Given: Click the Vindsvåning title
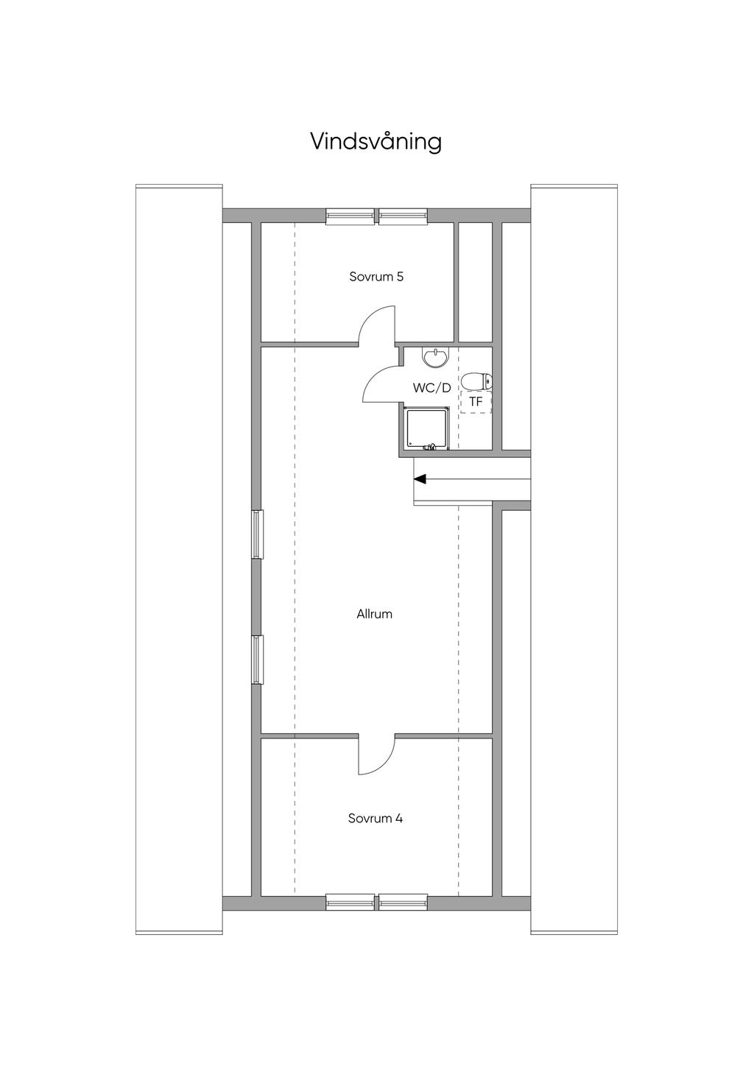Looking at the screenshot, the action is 376,142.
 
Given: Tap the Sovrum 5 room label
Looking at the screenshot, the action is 376,277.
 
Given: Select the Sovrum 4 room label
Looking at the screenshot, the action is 376,819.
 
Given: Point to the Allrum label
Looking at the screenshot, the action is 375,614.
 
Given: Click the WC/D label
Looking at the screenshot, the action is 431,388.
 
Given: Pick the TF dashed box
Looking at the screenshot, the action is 476,402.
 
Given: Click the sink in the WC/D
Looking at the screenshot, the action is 434,358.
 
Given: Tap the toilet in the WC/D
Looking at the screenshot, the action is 477,381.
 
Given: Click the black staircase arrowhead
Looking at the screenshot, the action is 420,479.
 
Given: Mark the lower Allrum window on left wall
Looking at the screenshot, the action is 258,660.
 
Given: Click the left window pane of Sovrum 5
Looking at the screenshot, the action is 350,216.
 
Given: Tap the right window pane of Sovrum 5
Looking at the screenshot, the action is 404,216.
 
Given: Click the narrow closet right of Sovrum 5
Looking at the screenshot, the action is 475,282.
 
